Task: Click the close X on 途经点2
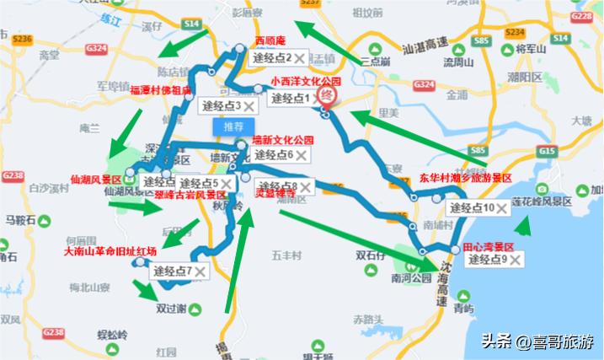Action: coord(298,58)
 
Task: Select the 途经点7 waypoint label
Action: coord(172,271)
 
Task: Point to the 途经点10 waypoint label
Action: coord(471,207)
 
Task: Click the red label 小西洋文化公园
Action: coord(306,83)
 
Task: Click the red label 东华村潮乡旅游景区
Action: coord(465,179)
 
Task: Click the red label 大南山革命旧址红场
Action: coord(110,251)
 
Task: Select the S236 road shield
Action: coord(21,40)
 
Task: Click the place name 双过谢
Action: coord(171,309)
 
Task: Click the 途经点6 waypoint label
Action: coord(272,155)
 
